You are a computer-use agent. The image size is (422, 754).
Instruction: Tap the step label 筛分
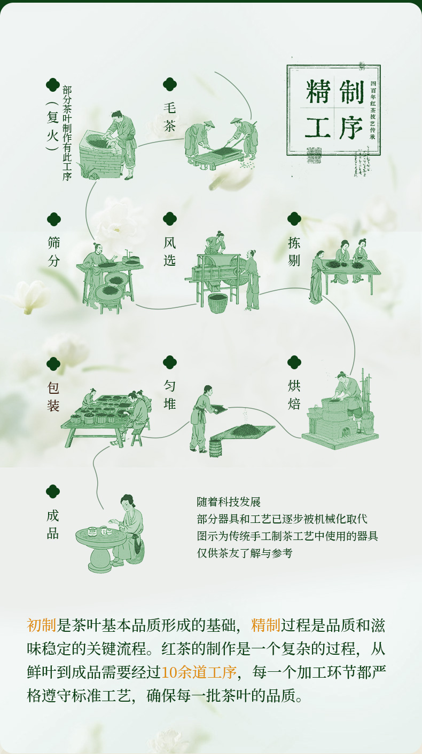pos(53,251)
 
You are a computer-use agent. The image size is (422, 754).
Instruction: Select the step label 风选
pos(169,251)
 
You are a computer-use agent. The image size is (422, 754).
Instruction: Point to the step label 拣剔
pos(294,251)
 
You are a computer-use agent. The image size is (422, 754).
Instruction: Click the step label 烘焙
pos(294,394)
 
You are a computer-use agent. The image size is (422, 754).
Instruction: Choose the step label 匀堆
pos(169,394)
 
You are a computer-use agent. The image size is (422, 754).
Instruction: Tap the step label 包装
pos(53,396)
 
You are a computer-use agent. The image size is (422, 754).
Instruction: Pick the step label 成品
pos(53,524)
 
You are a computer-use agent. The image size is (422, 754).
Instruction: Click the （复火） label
pos(52,126)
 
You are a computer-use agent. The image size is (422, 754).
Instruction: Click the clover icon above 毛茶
pos(169,84)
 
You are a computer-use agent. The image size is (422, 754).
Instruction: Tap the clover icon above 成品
pos(53,491)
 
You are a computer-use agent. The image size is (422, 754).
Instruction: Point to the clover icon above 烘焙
pos(294,362)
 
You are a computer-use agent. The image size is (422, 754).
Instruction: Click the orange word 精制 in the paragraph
pos(265,625)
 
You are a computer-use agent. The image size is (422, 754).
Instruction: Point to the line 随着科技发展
pos(228,502)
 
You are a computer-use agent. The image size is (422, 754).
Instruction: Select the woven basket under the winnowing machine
pos(218,303)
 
